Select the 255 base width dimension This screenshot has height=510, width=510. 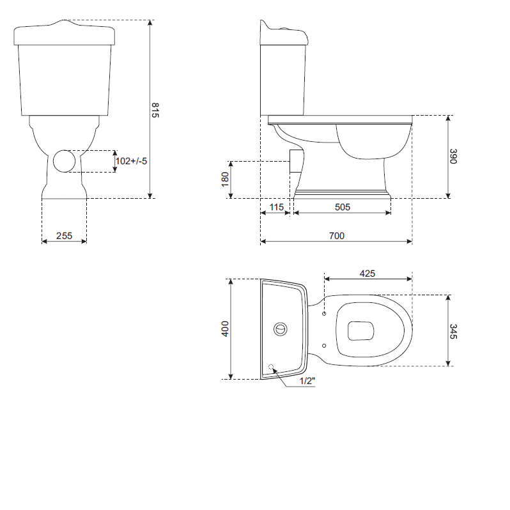pos(64,236)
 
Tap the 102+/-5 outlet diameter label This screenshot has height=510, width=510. pos(132,162)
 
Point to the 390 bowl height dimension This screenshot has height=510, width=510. pos(453,157)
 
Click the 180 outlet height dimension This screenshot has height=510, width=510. pos(225,180)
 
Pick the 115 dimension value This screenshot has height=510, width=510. pos(276,207)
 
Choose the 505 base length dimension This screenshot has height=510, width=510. pos(342,207)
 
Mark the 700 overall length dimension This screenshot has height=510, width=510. pos(336,236)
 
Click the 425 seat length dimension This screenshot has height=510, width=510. pos(367,273)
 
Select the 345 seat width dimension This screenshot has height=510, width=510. pos(453,331)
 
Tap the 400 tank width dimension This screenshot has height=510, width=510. pos(225,329)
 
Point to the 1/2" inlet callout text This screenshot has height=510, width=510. pos(307,381)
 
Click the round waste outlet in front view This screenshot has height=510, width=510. pos(64,161)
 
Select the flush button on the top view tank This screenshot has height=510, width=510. pos(280,329)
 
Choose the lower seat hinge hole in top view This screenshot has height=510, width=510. pos(324,346)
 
